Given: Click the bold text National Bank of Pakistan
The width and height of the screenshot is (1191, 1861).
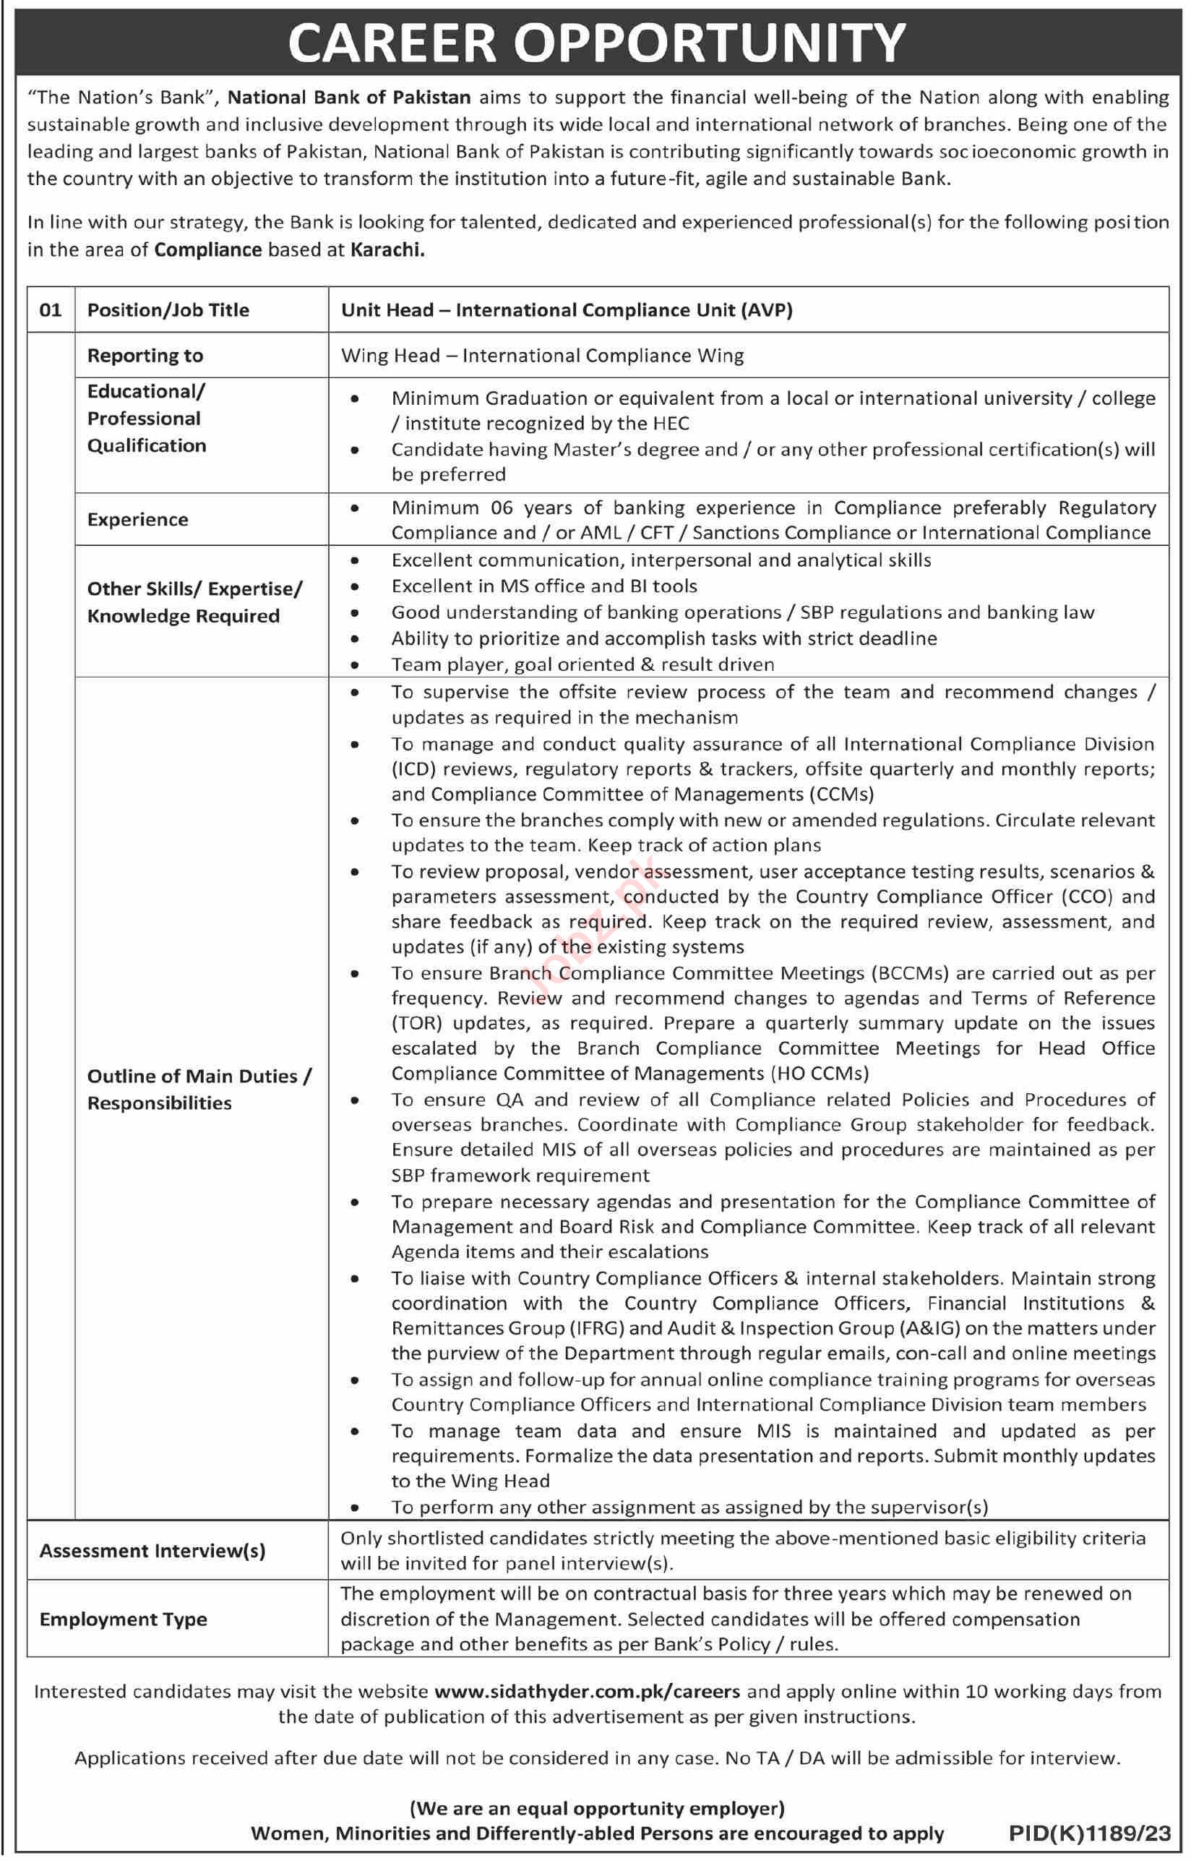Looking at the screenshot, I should click(349, 98).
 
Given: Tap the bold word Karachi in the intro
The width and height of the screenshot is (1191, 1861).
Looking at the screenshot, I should click(387, 250).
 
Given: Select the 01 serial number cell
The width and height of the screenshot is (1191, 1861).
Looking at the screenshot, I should click(51, 310).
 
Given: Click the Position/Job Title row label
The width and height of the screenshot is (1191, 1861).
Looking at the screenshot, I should click(168, 310).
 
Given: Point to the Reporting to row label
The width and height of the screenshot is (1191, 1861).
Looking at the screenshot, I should click(145, 356).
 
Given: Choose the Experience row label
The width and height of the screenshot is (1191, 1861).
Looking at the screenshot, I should click(137, 520).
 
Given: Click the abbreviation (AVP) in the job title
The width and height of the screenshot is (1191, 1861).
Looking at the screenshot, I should click(765, 310).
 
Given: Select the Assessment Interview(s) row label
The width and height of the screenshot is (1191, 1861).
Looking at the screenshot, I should click(152, 1551).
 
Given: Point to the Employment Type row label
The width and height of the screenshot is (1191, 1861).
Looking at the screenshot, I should click(123, 1619).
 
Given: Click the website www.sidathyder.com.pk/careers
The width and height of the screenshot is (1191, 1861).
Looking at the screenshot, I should click(587, 1692).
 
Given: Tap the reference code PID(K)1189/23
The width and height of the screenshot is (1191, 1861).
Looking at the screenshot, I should click(1090, 1833).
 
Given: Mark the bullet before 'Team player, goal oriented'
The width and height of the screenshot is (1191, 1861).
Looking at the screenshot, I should click(354, 665).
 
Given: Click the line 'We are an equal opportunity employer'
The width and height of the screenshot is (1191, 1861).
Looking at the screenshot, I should click(596, 1808).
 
